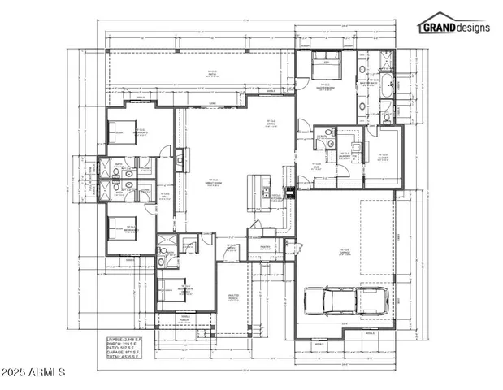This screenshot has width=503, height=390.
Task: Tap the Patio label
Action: (x=213, y=74)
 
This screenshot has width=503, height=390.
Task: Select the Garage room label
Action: (x=345, y=252)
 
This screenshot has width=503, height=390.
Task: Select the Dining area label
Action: (x=271, y=123)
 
